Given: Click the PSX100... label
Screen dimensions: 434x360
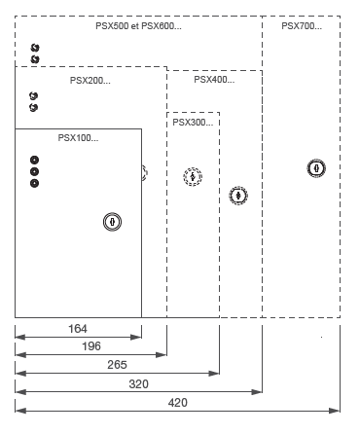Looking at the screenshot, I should tap(78, 137).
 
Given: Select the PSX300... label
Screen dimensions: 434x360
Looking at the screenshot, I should tap(193, 123).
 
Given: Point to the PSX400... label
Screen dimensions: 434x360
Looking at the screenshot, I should tap(214, 80).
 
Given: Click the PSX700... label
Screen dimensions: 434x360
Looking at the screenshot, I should tap(302, 25).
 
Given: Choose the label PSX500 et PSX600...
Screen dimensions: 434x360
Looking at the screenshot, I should tap(139, 25).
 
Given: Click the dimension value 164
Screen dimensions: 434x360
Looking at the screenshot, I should tap(78, 329).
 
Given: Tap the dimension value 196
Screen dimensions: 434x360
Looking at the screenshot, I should tap(90, 345).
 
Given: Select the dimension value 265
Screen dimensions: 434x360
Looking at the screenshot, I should tap(117, 364).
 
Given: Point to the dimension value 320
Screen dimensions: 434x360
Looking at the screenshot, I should tap(139, 383).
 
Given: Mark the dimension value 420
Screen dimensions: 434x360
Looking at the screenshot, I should tap(178, 402).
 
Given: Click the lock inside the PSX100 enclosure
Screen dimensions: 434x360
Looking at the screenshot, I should tap(113, 222).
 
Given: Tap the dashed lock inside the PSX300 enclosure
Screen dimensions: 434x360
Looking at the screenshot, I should tap(193, 177).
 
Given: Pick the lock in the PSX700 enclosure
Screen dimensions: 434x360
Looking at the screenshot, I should tap(315, 168).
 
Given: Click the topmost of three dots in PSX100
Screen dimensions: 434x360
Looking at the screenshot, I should tap(35, 160).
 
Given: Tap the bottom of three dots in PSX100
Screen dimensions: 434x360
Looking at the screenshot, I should tap(35, 183).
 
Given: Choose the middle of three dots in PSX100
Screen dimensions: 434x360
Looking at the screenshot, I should tap(35, 171).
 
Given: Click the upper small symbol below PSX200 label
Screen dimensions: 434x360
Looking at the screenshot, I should tap(34, 96).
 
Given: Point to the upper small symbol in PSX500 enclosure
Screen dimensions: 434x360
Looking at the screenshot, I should tap(35, 48).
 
